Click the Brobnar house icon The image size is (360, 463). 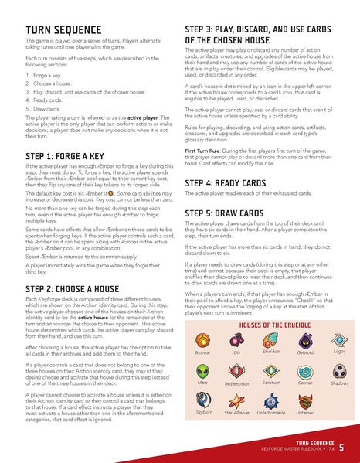click(202, 339)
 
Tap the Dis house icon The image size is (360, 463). click(236, 339)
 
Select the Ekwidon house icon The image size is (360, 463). click(270, 337)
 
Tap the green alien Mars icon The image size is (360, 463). click(202, 369)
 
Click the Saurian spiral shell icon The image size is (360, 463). click(304, 369)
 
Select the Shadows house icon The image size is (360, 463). click(338, 369)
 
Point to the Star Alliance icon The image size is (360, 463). click(236, 401)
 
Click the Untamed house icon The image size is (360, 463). click(304, 401)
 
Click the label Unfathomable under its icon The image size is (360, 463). click(270, 414)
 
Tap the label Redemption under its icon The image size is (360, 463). click(236, 383)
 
